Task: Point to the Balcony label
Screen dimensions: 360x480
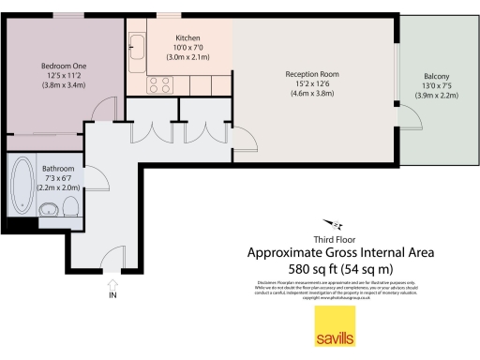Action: point(436,76)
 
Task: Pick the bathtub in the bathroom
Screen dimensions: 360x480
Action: point(22,187)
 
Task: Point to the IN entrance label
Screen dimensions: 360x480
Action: point(112,295)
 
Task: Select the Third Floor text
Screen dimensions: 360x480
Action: point(339,240)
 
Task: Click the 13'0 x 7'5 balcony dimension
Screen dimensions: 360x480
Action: point(436,86)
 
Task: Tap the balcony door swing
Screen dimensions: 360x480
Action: point(410,118)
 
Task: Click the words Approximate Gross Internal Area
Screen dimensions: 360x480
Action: point(339,253)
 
